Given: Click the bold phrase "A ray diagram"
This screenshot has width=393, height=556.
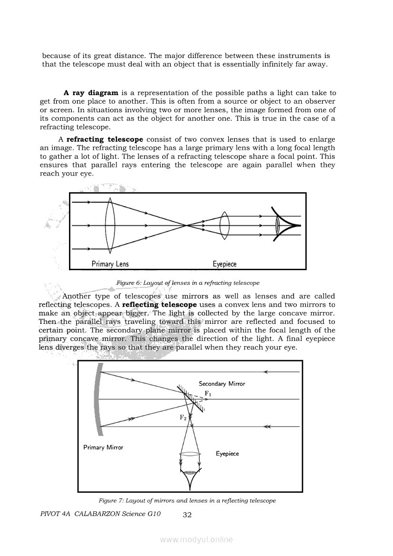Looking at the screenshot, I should click(91, 93).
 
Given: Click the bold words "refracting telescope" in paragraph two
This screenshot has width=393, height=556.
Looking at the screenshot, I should click(105, 139).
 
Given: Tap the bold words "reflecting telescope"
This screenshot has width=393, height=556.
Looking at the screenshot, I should click(159, 304).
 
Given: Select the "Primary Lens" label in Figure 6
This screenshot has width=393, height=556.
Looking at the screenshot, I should click(110, 264).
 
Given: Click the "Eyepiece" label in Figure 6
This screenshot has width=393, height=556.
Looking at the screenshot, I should click(225, 264).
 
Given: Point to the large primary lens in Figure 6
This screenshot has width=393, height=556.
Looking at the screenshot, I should click(110, 225).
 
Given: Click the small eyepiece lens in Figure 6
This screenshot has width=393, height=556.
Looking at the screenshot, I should click(225, 225).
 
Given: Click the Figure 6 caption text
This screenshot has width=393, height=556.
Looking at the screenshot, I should click(188, 283).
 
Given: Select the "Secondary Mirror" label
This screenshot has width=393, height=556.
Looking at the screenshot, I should click(222, 384).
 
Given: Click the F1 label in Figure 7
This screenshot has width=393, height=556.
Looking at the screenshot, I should click(208, 393).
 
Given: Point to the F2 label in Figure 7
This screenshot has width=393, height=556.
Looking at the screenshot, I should click(183, 418).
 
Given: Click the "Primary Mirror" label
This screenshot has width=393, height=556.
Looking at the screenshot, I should click(103, 448).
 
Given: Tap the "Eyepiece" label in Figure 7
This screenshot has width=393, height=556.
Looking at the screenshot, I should click(227, 454).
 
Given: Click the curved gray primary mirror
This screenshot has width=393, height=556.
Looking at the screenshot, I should click(98, 400).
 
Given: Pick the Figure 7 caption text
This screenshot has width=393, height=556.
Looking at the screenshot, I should click(187, 500).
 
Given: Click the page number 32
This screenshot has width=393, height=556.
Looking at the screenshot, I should click(187, 515).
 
